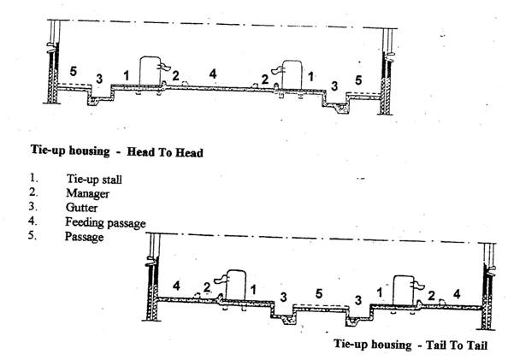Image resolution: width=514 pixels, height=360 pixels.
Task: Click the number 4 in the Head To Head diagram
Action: (213, 74)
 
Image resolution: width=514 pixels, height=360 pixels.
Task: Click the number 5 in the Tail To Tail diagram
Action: (319, 293)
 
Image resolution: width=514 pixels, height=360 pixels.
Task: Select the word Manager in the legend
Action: (87, 193)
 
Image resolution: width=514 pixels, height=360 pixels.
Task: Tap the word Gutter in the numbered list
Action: (81, 208)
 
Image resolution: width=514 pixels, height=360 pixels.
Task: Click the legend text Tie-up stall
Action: (94, 180)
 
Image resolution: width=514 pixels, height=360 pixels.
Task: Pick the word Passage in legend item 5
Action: (85, 237)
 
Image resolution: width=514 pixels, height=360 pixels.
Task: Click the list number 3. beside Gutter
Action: (32, 206)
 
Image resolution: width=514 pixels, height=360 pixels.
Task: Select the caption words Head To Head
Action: (165, 152)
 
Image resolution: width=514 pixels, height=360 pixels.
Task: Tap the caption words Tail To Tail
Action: (457, 345)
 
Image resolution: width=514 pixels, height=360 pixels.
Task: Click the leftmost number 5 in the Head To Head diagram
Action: (73, 71)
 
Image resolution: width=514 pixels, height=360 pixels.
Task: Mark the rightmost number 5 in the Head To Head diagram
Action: (358, 80)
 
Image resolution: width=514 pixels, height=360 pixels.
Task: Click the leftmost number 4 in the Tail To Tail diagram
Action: (176, 286)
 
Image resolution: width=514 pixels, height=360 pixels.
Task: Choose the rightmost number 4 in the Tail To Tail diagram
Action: (457, 294)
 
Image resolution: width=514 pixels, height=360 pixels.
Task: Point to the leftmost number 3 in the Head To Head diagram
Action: (99, 79)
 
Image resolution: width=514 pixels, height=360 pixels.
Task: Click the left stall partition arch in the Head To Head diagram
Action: (139, 70)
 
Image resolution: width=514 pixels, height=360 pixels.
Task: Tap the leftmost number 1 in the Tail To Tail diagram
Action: (253, 290)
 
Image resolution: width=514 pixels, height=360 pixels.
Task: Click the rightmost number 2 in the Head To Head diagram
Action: (264, 79)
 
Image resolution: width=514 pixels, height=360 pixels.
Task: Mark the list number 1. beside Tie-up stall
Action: (34, 178)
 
